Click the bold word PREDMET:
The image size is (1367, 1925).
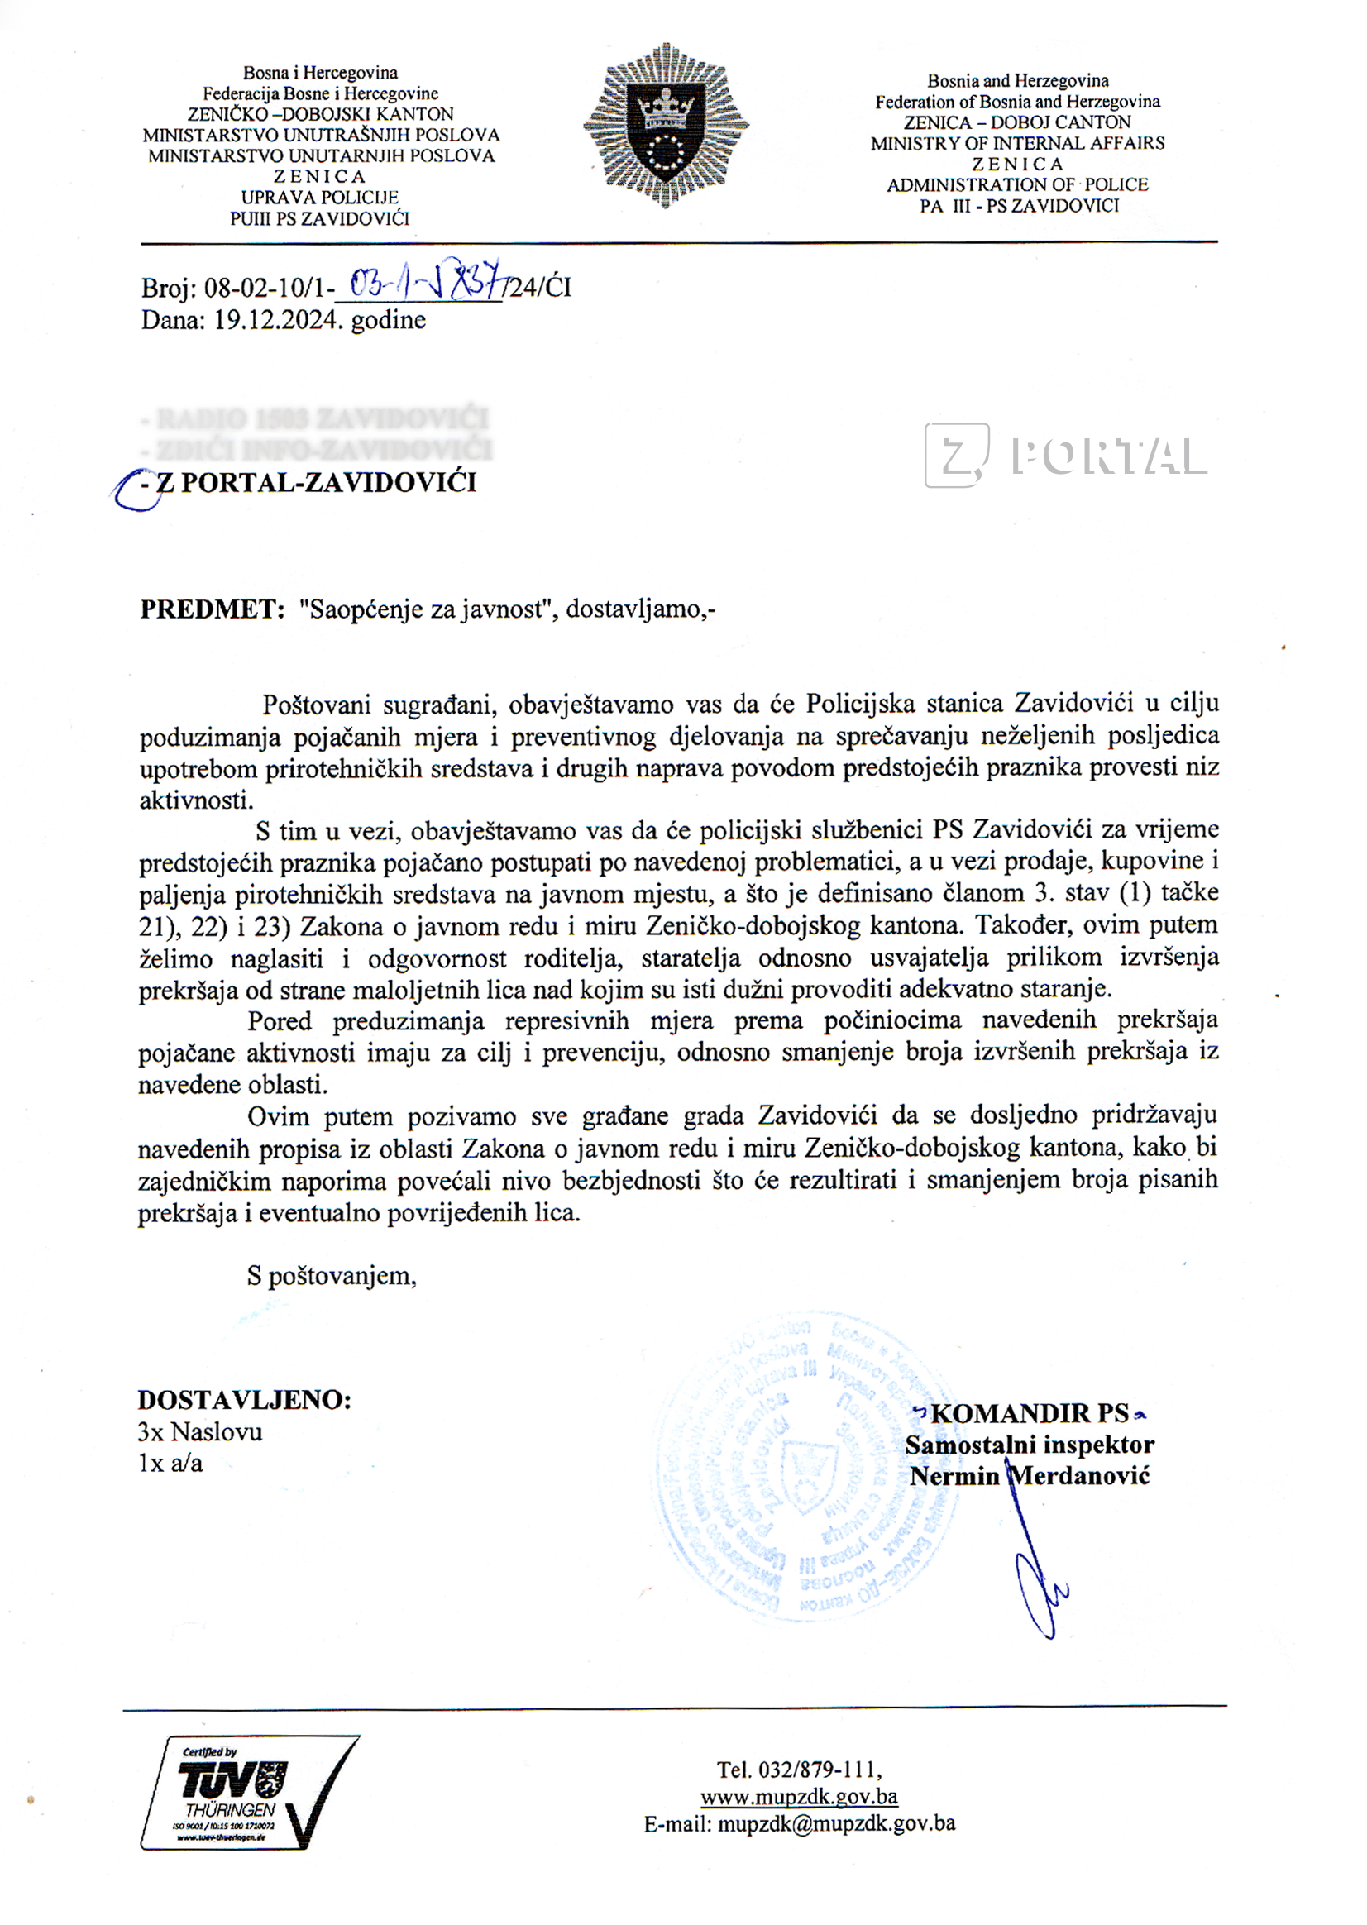[x=212, y=609]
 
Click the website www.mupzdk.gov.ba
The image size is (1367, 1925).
[x=798, y=1796]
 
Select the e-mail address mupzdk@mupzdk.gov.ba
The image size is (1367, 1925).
[x=836, y=1823]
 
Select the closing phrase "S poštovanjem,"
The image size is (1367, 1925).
[x=332, y=1276]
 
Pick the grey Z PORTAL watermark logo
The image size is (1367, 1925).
[x=1065, y=456]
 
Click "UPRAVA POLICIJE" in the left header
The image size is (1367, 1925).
[x=319, y=198]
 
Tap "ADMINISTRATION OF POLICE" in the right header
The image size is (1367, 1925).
[x=1017, y=185]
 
